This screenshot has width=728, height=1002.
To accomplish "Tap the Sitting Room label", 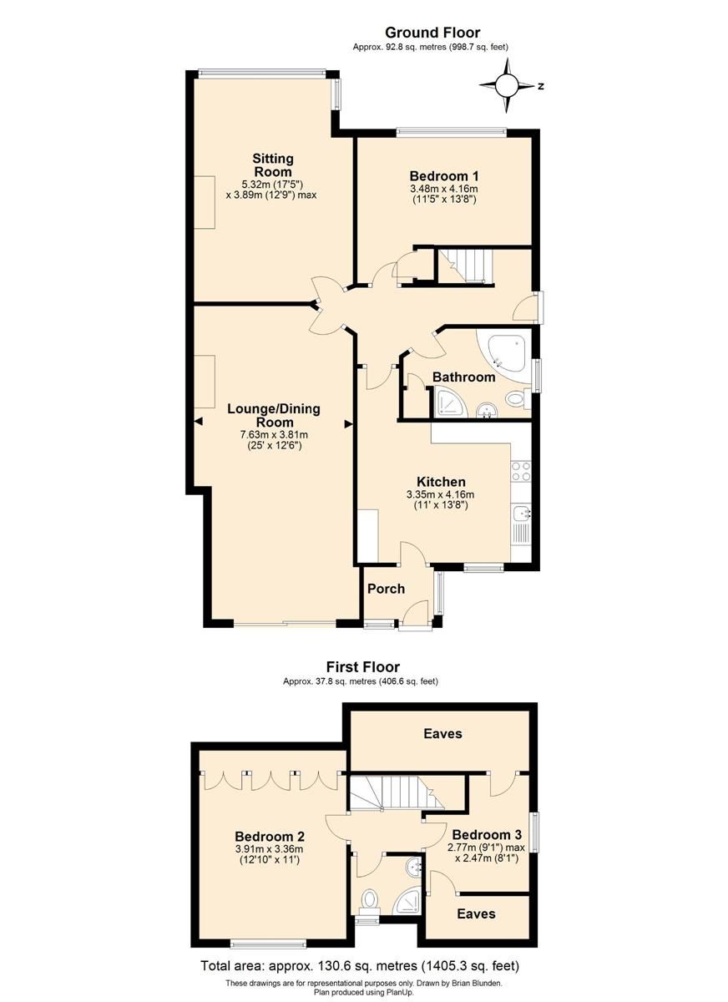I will coord(273,165).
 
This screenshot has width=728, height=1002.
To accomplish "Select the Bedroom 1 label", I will coord(443,176).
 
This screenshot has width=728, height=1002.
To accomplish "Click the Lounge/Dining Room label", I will coord(273,416).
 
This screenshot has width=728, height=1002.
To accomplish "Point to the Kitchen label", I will coord(441,482).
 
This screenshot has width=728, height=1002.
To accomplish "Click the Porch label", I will coord(387,589).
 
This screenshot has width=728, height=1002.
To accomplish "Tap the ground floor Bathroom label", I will coord(463,377).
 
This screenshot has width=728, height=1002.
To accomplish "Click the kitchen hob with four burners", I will coord(522,472).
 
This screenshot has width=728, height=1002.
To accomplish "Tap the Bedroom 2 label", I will coord(269,837).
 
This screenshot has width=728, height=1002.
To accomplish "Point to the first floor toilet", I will coord(369,900).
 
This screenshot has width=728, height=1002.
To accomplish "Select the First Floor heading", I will coord(362,667).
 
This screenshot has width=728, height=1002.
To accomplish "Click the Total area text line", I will coord(360,966).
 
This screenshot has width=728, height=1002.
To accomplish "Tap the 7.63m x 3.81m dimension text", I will coord(274,434).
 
